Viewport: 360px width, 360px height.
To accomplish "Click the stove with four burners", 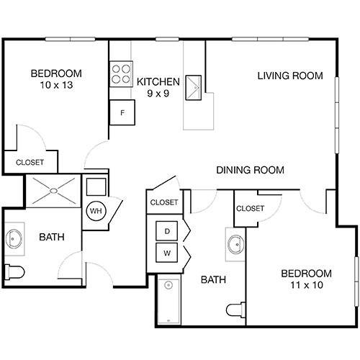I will [x=121, y=75].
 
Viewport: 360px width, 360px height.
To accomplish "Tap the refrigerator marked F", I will [x=122, y=112].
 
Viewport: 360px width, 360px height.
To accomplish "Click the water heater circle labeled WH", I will [x=95, y=212].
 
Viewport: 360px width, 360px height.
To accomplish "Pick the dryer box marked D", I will [x=167, y=230].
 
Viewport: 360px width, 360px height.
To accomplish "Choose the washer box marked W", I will [x=167, y=253].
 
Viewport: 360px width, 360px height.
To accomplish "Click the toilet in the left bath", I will [x=14, y=271].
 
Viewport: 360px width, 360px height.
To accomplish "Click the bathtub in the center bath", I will [x=168, y=301].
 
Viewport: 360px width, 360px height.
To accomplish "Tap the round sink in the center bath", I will [x=235, y=245].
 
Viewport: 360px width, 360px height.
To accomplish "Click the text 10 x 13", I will [x=55, y=86].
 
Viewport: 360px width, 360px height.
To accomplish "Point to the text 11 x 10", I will [x=306, y=286].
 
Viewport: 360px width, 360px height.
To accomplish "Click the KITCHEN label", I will [x=158, y=81].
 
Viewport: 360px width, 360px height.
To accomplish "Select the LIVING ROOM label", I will [x=290, y=76].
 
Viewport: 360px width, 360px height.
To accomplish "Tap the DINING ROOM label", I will [x=250, y=171].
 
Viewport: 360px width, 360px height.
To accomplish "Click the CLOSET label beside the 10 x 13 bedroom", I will [x=30, y=163].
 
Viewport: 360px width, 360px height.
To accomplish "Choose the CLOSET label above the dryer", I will [x=163, y=202].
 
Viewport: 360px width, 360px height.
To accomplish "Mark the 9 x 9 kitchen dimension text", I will [x=158, y=94].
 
